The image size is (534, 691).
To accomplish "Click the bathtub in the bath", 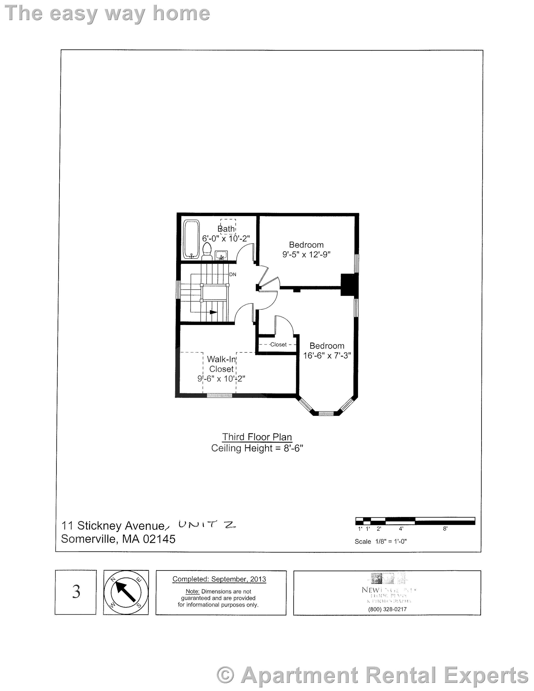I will tap(191, 239).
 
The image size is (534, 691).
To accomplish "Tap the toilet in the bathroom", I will tap(207, 251).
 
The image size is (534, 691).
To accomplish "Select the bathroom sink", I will tap(221, 255).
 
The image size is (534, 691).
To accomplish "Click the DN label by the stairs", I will tap(233, 274).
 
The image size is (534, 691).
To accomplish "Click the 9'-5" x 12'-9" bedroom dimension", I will tap(306, 254).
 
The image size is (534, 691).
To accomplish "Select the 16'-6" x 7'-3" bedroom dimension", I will tap(327, 356).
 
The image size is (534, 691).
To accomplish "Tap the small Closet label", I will tap(278, 345).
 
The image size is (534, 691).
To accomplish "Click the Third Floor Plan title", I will tap(257, 437).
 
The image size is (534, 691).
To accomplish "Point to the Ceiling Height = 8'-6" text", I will tap(257, 448).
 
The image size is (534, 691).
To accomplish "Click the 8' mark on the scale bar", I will tap(445, 528).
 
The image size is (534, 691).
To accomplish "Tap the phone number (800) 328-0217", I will tap(387, 609).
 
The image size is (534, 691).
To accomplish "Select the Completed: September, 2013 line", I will tap(219, 579).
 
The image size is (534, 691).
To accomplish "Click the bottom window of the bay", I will tap(326, 413).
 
